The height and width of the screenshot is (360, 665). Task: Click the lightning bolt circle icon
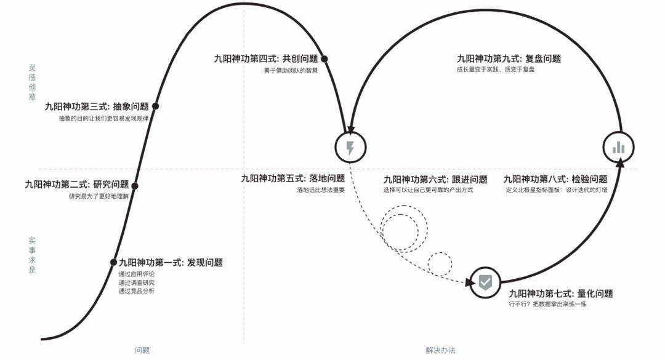tap(350, 148)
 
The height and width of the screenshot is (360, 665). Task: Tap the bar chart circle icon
tap(618, 148)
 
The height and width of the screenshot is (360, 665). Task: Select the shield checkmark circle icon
tap(485, 282)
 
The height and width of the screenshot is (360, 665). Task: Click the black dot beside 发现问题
tap(113, 263)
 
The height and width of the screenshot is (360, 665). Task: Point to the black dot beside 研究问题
tap(135, 186)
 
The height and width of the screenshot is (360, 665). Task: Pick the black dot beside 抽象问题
tap(155, 106)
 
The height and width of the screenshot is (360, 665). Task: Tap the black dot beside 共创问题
tap(324, 59)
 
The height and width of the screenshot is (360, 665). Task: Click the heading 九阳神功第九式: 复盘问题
tap(509, 59)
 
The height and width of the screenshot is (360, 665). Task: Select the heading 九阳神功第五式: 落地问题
tap(292, 178)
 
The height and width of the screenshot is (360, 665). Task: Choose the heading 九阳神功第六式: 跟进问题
tap(435, 180)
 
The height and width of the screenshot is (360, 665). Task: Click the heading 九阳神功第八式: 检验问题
tap(555, 179)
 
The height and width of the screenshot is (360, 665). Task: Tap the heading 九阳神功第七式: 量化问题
tap(560, 294)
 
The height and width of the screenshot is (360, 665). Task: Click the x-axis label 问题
tap(142, 350)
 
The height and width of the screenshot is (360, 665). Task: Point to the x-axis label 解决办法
tap(440, 350)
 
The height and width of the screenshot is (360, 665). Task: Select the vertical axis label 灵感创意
tap(32, 82)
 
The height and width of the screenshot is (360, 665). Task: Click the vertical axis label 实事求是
tap(32, 255)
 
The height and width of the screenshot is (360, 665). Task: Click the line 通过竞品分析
tap(137, 291)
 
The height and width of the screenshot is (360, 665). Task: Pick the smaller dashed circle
tap(440, 263)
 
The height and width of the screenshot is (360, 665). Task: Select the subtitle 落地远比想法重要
tap(321, 190)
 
